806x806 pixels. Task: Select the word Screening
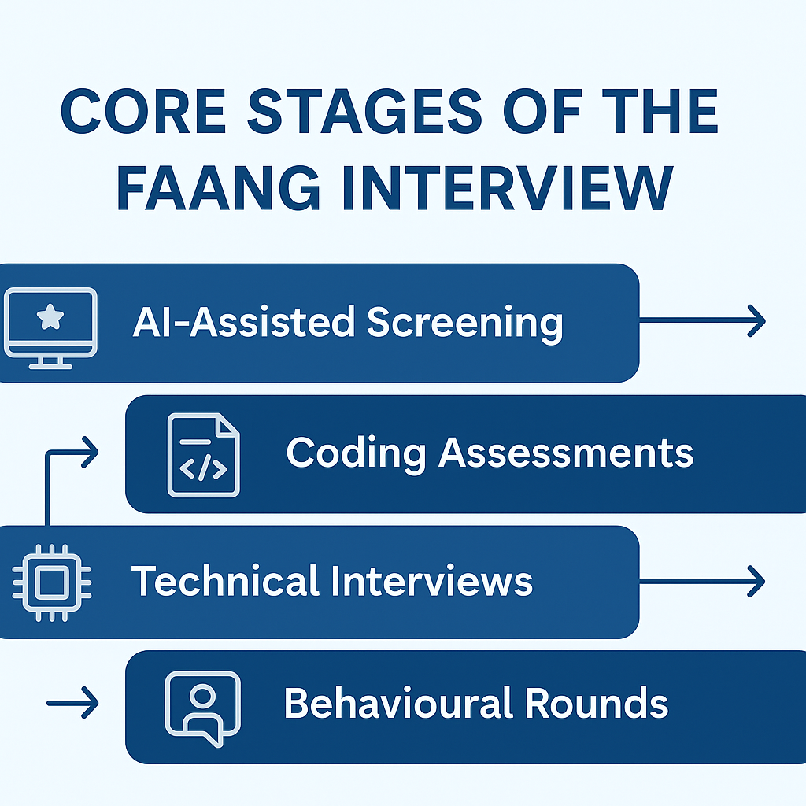click(x=465, y=323)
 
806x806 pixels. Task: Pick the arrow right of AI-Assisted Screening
click(x=702, y=321)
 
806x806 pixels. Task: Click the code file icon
click(x=203, y=457)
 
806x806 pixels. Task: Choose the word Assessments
click(x=566, y=453)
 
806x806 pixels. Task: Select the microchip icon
click(x=51, y=583)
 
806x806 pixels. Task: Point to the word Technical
click(x=225, y=581)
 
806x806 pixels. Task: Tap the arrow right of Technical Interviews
click(x=702, y=582)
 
